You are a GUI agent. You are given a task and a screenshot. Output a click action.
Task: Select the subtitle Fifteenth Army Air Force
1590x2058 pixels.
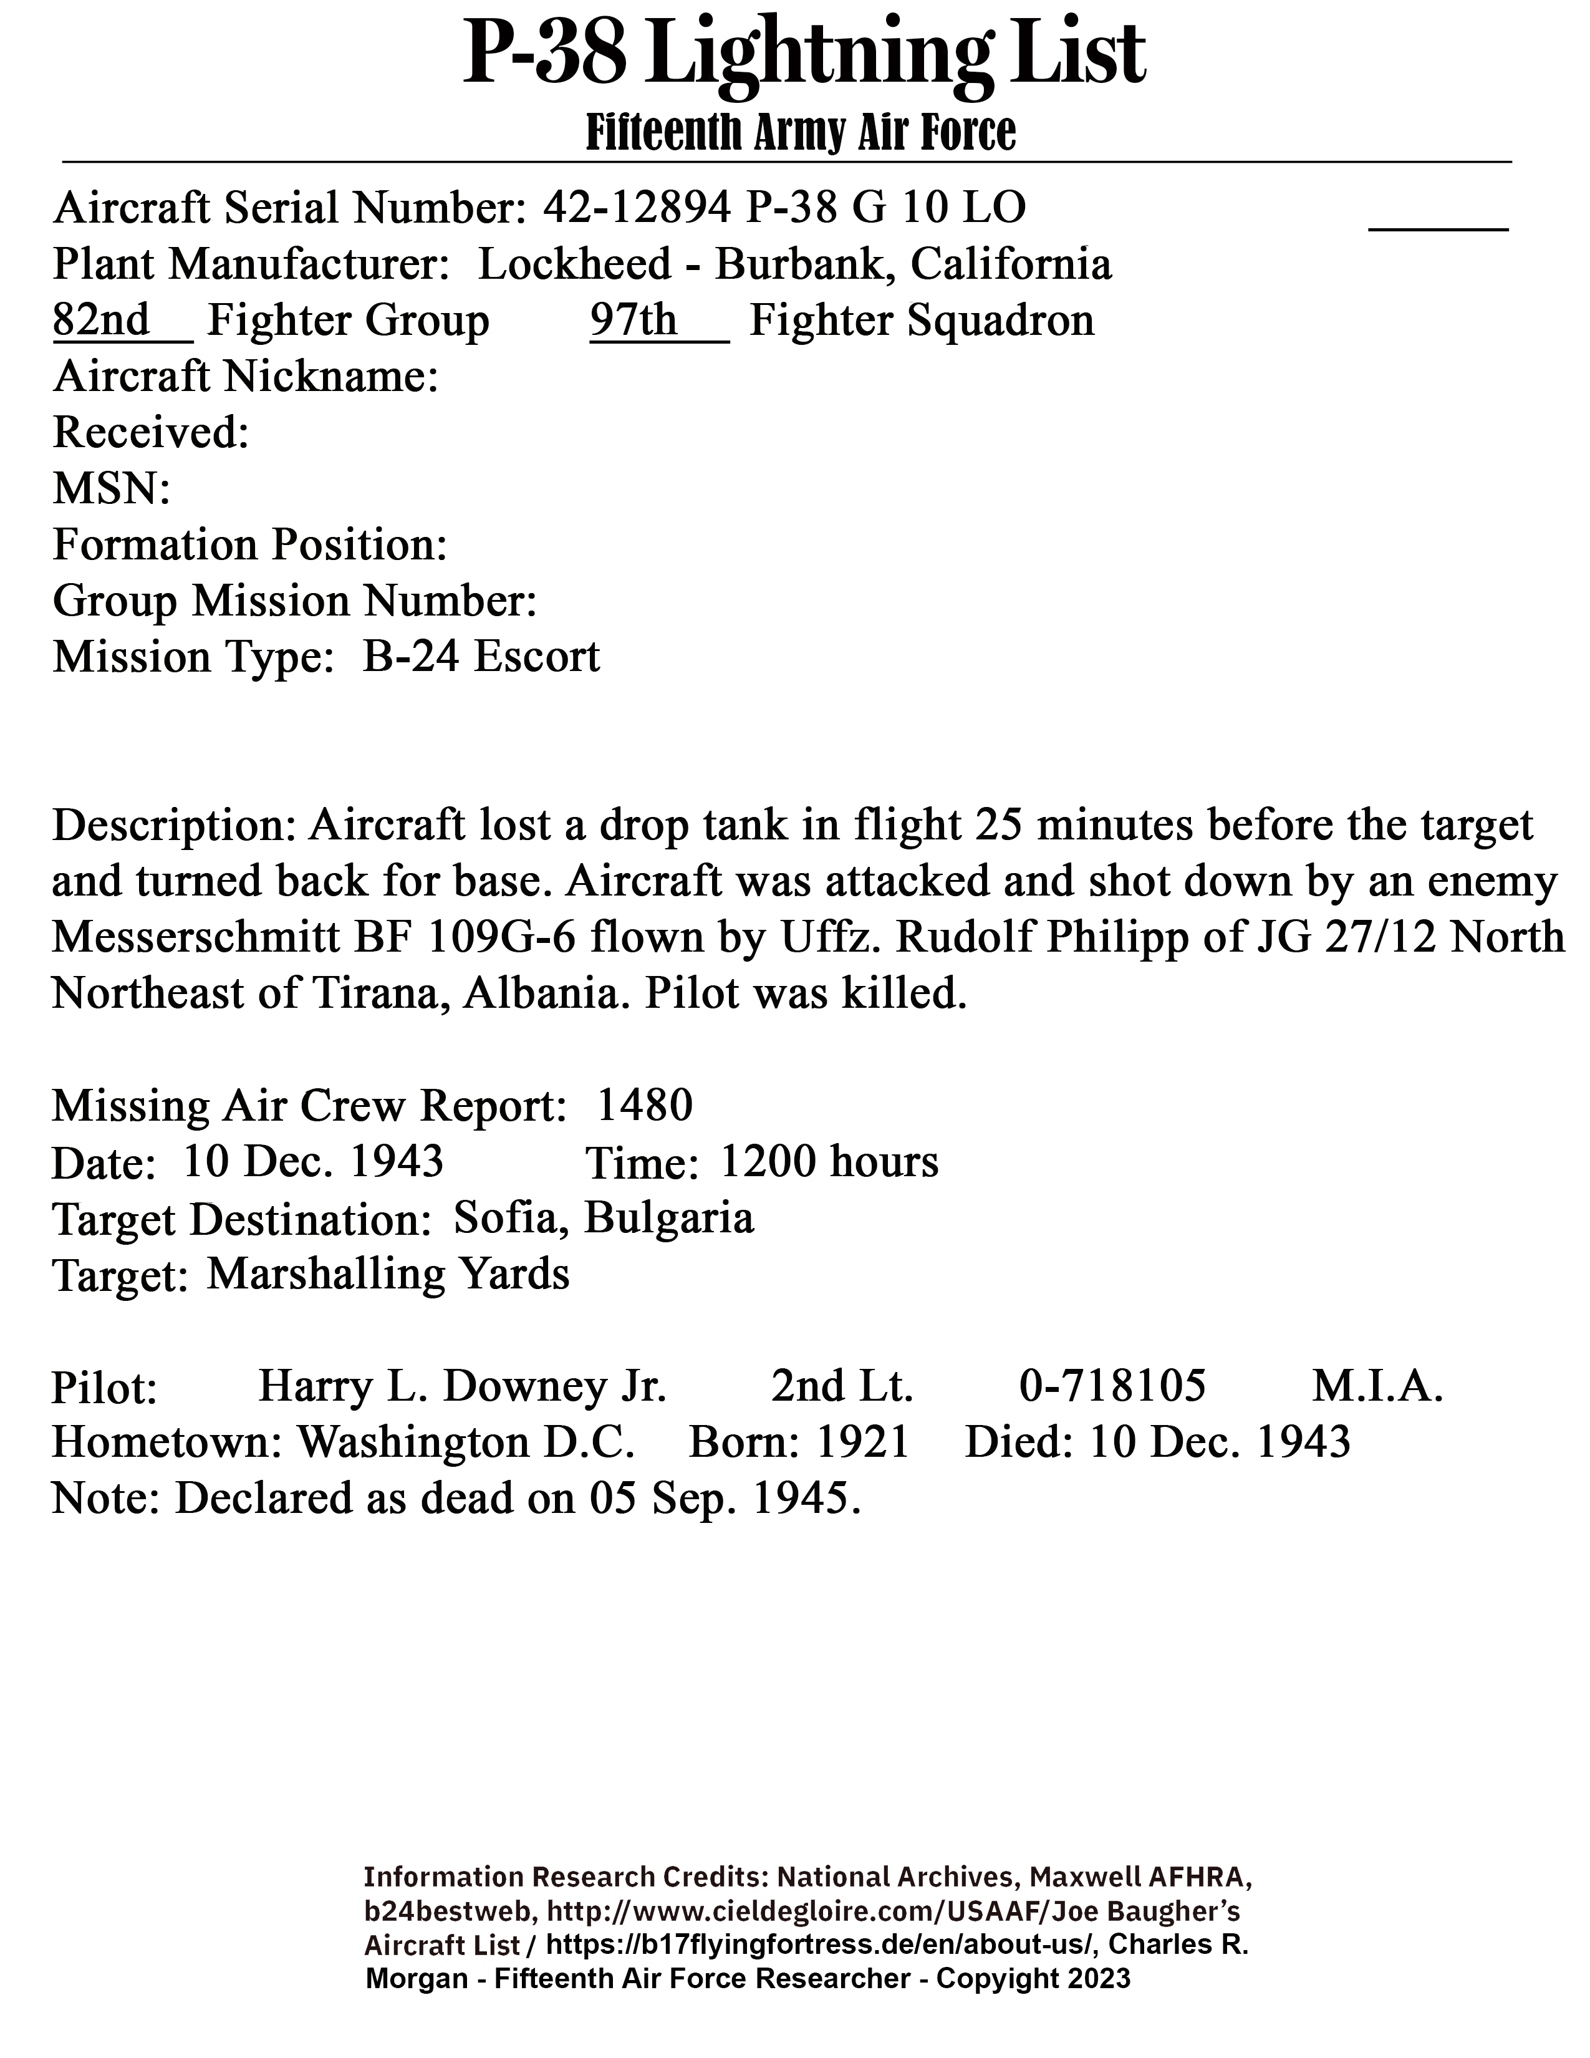click(801, 132)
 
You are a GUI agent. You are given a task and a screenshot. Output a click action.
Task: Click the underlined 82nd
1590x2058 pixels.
click(101, 321)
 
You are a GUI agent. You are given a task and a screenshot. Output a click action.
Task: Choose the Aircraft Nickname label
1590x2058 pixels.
click(245, 377)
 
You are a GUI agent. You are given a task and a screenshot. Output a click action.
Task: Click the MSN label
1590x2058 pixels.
click(111, 489)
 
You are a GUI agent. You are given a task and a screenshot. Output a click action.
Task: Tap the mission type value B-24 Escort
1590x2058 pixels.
click(480, 657)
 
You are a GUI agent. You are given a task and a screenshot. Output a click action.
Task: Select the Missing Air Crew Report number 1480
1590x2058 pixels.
click(645, 1104)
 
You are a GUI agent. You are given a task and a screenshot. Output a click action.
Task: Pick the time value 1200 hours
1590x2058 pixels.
click(829, 1162)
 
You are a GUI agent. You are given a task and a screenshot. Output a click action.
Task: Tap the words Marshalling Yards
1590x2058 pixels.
click(388, 1274)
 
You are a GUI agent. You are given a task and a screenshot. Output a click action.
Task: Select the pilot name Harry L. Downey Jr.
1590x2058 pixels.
click(463, 1386)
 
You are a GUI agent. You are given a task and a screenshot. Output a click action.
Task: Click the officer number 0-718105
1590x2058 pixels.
click(1112, 1386)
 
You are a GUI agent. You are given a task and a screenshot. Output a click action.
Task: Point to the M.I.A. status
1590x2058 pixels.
click(1377, 1386)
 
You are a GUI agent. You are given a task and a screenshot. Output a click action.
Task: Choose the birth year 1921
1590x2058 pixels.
click(862, 1442)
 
